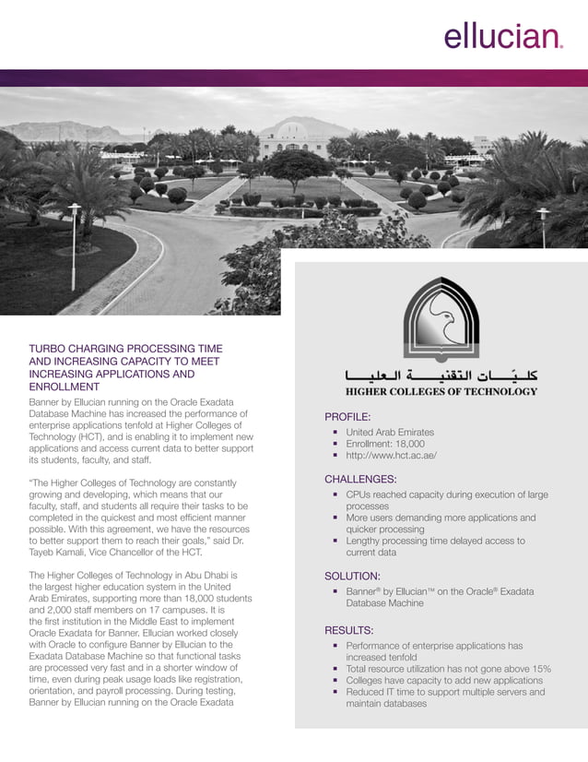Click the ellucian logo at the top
[x=502, y=37]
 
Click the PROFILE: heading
[x=347, y=416]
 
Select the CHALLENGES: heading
[x=360, y=479]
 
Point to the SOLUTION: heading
[x=352, y=576]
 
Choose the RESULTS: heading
[x=348, y=630]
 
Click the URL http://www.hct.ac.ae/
[x=391, y=456]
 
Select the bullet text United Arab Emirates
[x=390, y=432]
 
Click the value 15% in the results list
[x=541, y=668]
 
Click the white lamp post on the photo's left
[x=74, y=244]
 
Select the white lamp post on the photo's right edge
[x=544, y=227]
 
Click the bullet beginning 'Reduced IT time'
[x=445, y=697]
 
